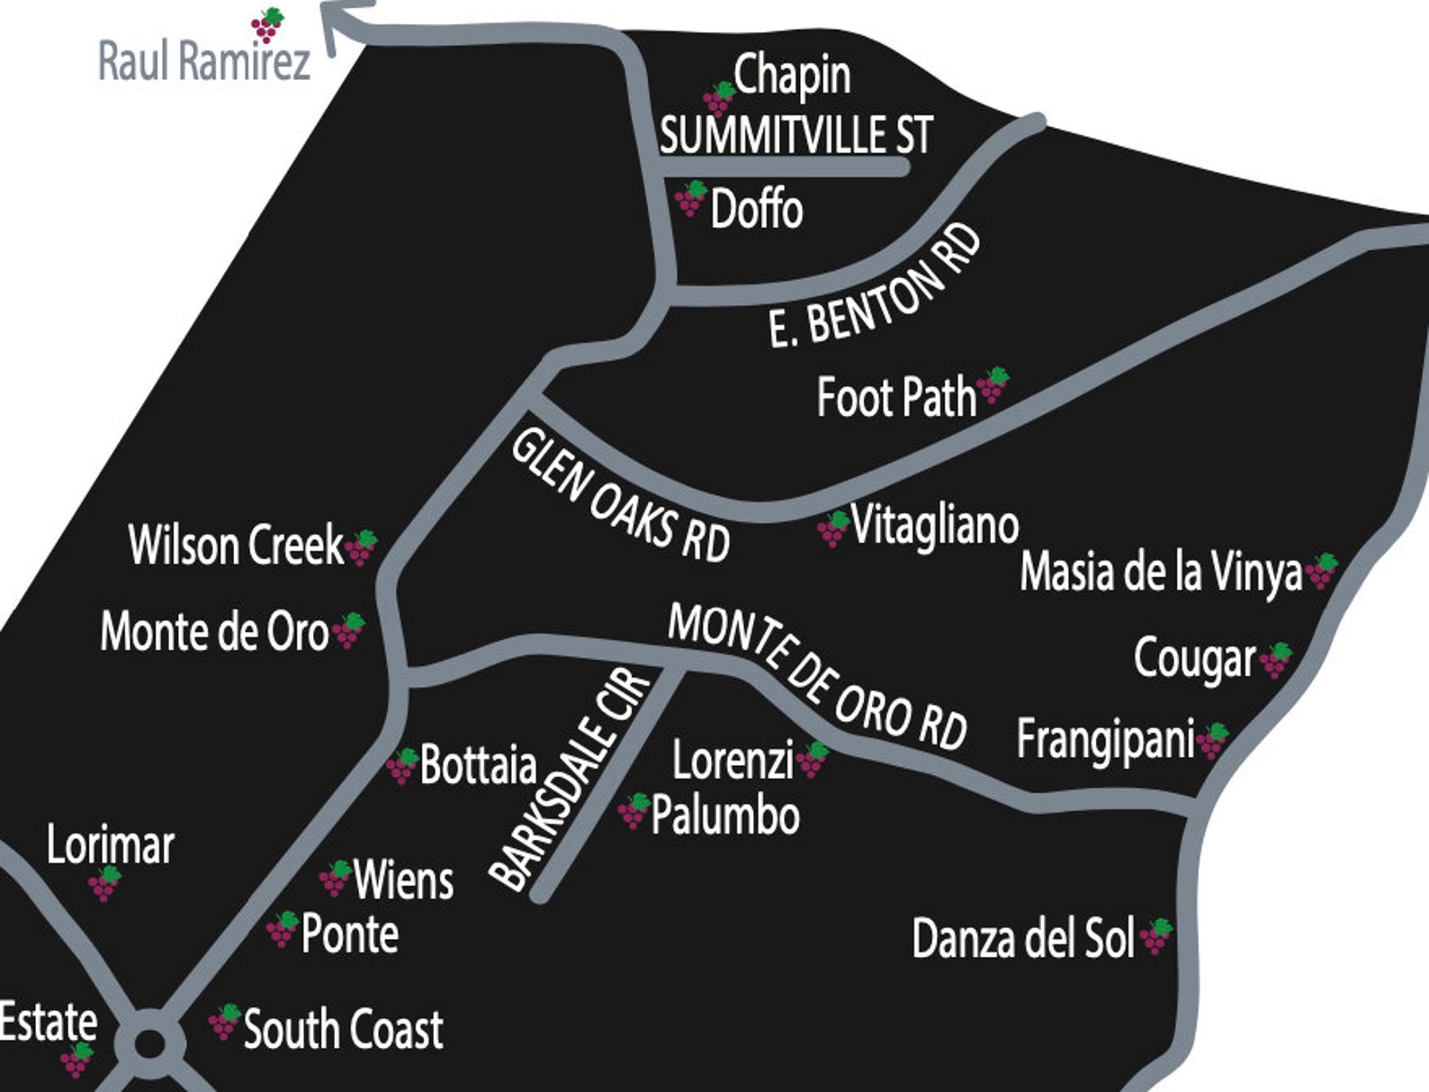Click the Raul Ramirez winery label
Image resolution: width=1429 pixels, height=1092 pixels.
coord(203,62)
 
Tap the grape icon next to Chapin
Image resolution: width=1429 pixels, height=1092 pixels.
coord(719,96)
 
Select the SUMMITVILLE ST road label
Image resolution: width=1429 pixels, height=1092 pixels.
coord(795,136)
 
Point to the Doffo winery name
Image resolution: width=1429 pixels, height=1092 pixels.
coord(756,210)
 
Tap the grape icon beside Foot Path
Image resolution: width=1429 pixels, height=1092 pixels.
coord(993,385)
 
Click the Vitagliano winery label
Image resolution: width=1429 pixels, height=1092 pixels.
coord(934,525)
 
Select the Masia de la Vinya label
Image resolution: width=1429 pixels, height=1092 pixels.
coord(1161,573)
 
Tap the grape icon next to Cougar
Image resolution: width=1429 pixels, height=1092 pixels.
coord(1275,660)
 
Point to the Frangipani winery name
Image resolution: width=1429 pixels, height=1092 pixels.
coord(1105,740)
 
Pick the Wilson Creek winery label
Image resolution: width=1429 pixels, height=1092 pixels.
coord(236,546)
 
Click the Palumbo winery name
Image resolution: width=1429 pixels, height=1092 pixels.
coord(725,817)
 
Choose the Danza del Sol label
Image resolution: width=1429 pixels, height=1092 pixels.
coord(1023,939)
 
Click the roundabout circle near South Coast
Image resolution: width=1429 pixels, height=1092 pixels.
coord(150,1044)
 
